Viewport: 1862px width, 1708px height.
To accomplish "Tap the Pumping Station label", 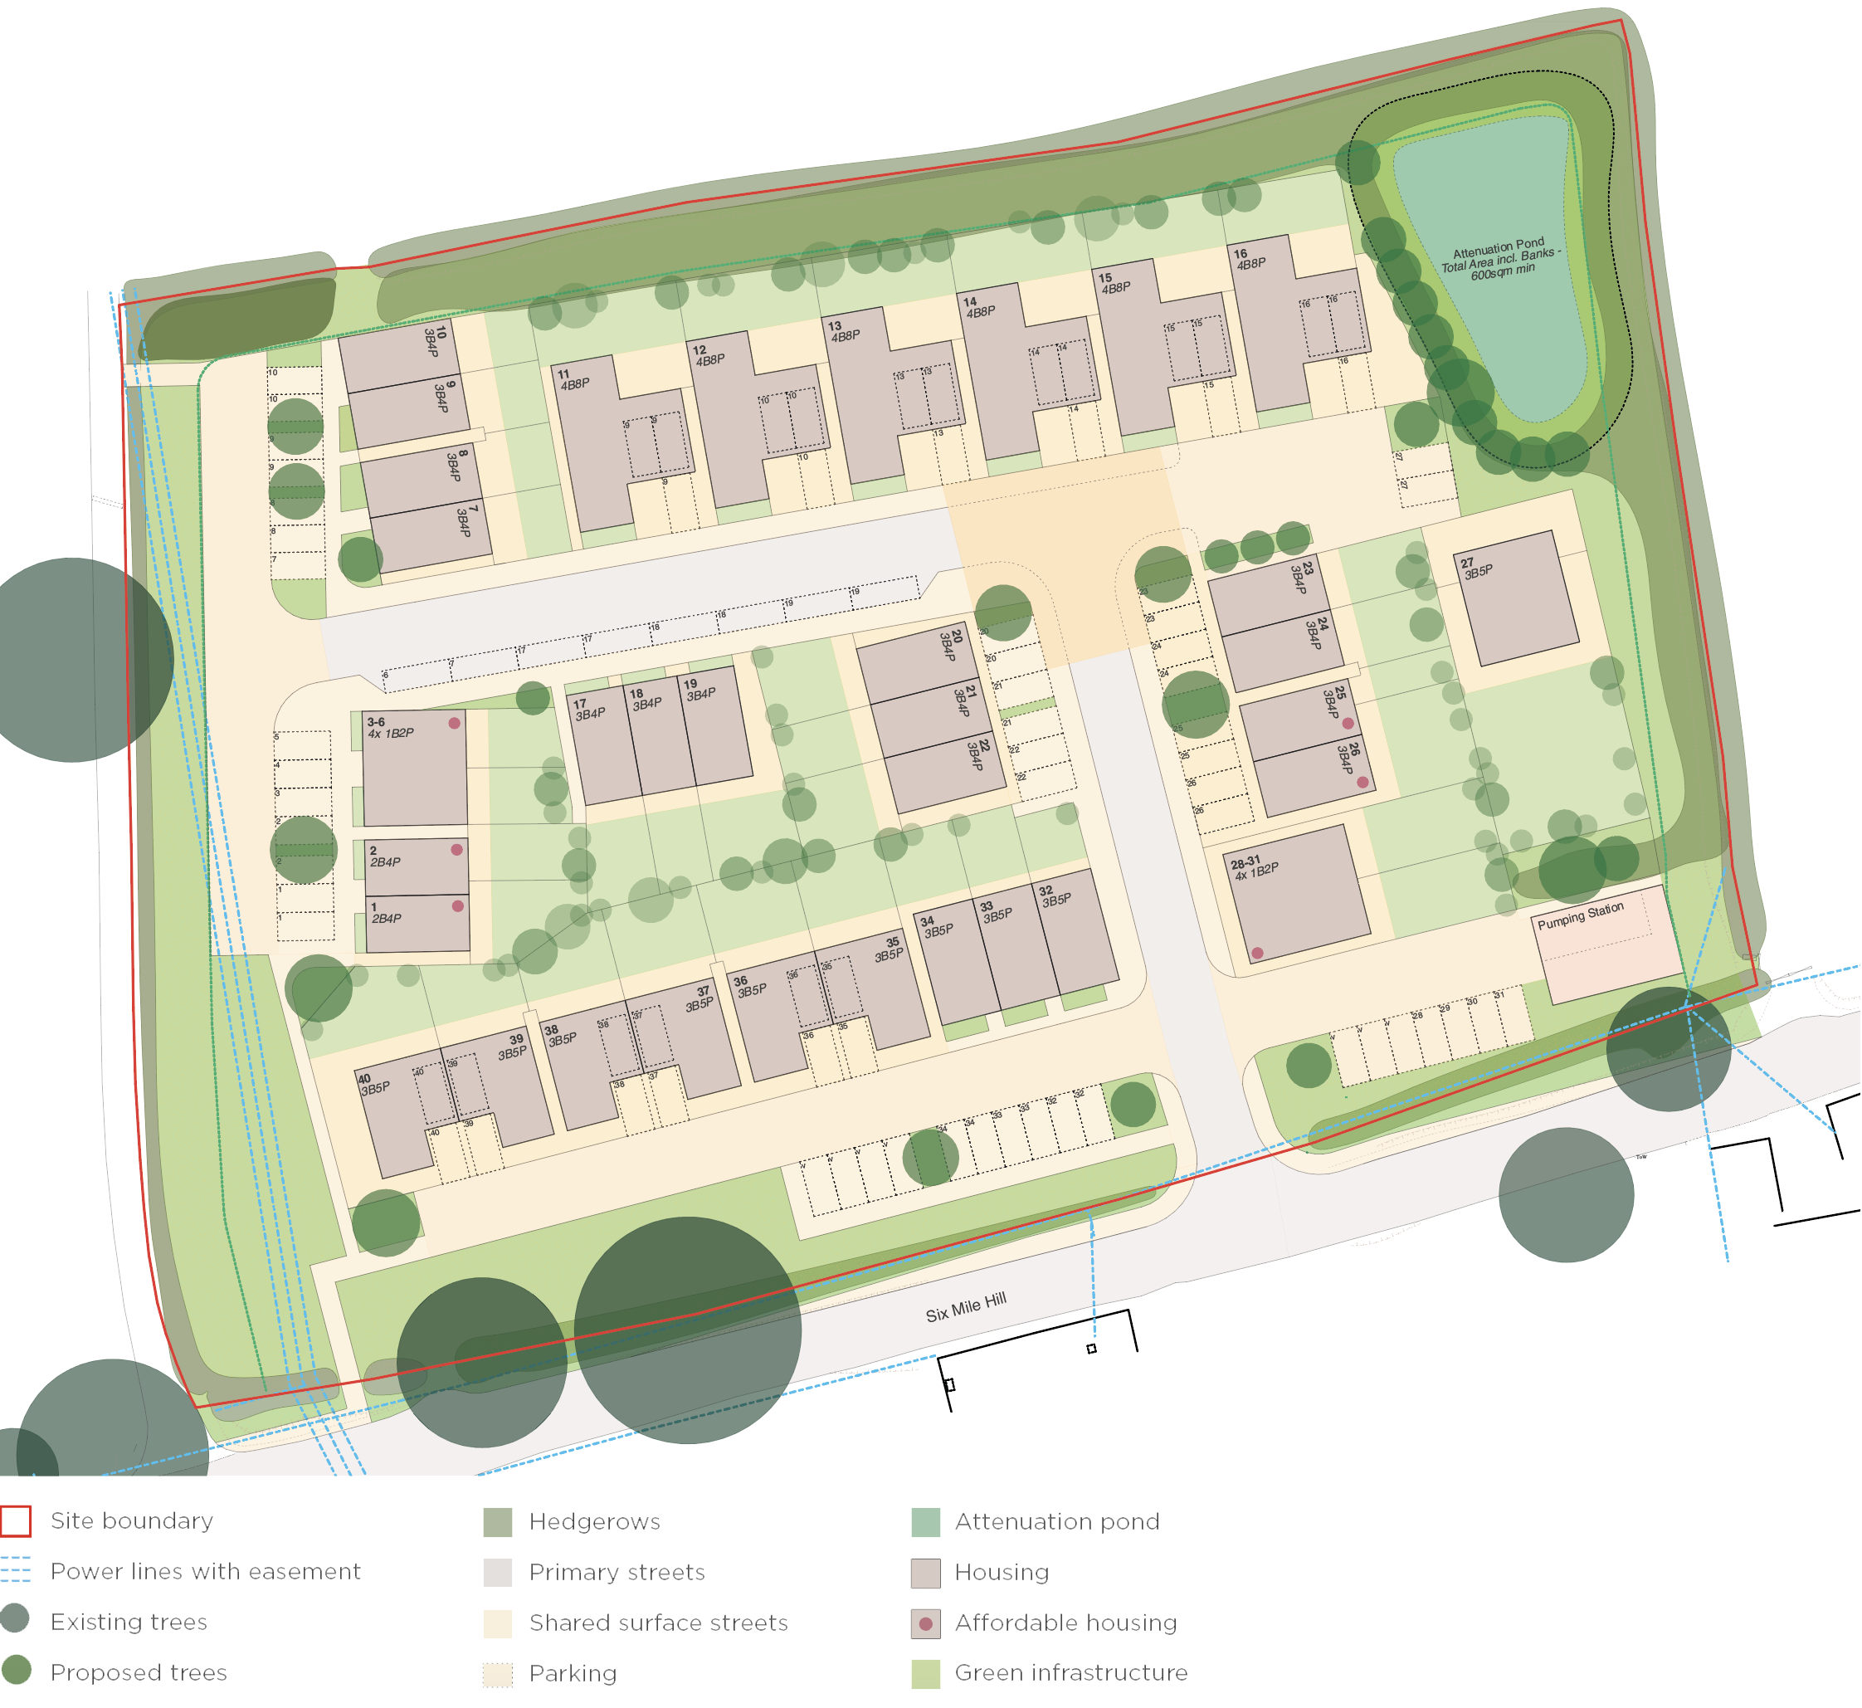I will coord(1580,916).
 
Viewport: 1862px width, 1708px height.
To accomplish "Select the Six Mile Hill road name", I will coord(966,1308).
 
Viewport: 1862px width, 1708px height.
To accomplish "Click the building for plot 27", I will coord(1521,601).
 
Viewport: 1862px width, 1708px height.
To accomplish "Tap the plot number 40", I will coord(364,1079).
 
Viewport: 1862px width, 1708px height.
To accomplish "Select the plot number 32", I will coord(1046,891).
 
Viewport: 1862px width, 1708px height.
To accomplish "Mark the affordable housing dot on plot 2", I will coord(456,849).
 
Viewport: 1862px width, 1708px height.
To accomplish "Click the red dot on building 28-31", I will coord(1258,953).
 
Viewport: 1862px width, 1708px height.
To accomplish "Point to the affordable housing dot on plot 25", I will coord(1348,724).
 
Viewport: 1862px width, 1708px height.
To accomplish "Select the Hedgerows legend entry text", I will coord(595,1521).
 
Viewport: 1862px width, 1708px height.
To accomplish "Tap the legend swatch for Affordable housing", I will coord(926,1624).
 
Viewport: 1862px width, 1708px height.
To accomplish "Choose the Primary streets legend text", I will coord(617,1572).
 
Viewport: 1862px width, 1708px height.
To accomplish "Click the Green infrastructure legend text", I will coord(1071,1673).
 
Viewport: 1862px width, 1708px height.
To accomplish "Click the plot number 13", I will coord(835,326).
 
